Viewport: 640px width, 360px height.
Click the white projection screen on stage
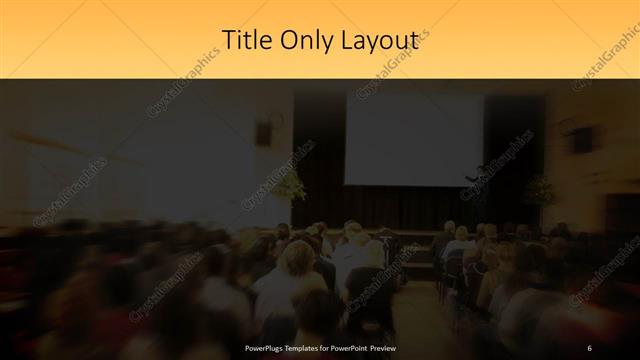tap(413, 140)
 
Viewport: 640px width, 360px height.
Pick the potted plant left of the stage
tap(290, 184)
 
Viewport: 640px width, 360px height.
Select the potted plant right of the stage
tap(538, 190)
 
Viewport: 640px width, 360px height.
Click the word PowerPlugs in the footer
tap(268, 346)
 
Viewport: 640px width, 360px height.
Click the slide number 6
tap(590, 346)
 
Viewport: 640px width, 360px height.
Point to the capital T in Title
tap(227, 39)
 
